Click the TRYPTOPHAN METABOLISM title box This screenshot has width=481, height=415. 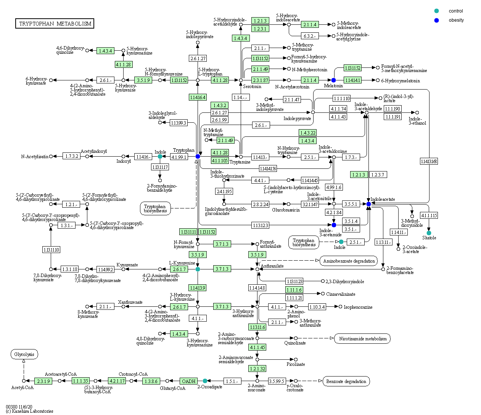tap(55, 24)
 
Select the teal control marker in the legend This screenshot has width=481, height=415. tap(436, 11)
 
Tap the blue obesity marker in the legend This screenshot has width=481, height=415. tap(436, 20)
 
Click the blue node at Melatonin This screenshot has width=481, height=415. tap(333, 80)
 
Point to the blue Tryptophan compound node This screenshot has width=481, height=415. tap(198, 157)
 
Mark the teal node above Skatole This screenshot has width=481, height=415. tap(429, 233)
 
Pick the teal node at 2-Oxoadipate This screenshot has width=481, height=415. tap(205, 381)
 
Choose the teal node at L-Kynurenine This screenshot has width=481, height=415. tap(198, 269)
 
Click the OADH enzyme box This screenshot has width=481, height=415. tap(189, 381)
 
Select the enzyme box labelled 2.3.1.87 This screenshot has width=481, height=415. tap(260, 80)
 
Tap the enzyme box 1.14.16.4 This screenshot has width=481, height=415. tap(198, 98)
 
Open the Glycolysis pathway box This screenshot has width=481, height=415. tap(24, 354)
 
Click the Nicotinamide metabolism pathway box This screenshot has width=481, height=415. tap(362, 339)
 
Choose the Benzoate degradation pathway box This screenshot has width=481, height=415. tap(346, 381)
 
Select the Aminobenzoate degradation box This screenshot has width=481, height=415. tap(349, 261)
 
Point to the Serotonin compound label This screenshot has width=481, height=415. tap(252, 87)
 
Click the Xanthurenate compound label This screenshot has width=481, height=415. tap(130, 302)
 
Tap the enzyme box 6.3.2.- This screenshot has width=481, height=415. tap(309, 36)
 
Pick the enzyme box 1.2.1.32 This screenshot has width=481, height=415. tap(257, 369)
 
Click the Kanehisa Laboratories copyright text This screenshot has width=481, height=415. tap(29, 411)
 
